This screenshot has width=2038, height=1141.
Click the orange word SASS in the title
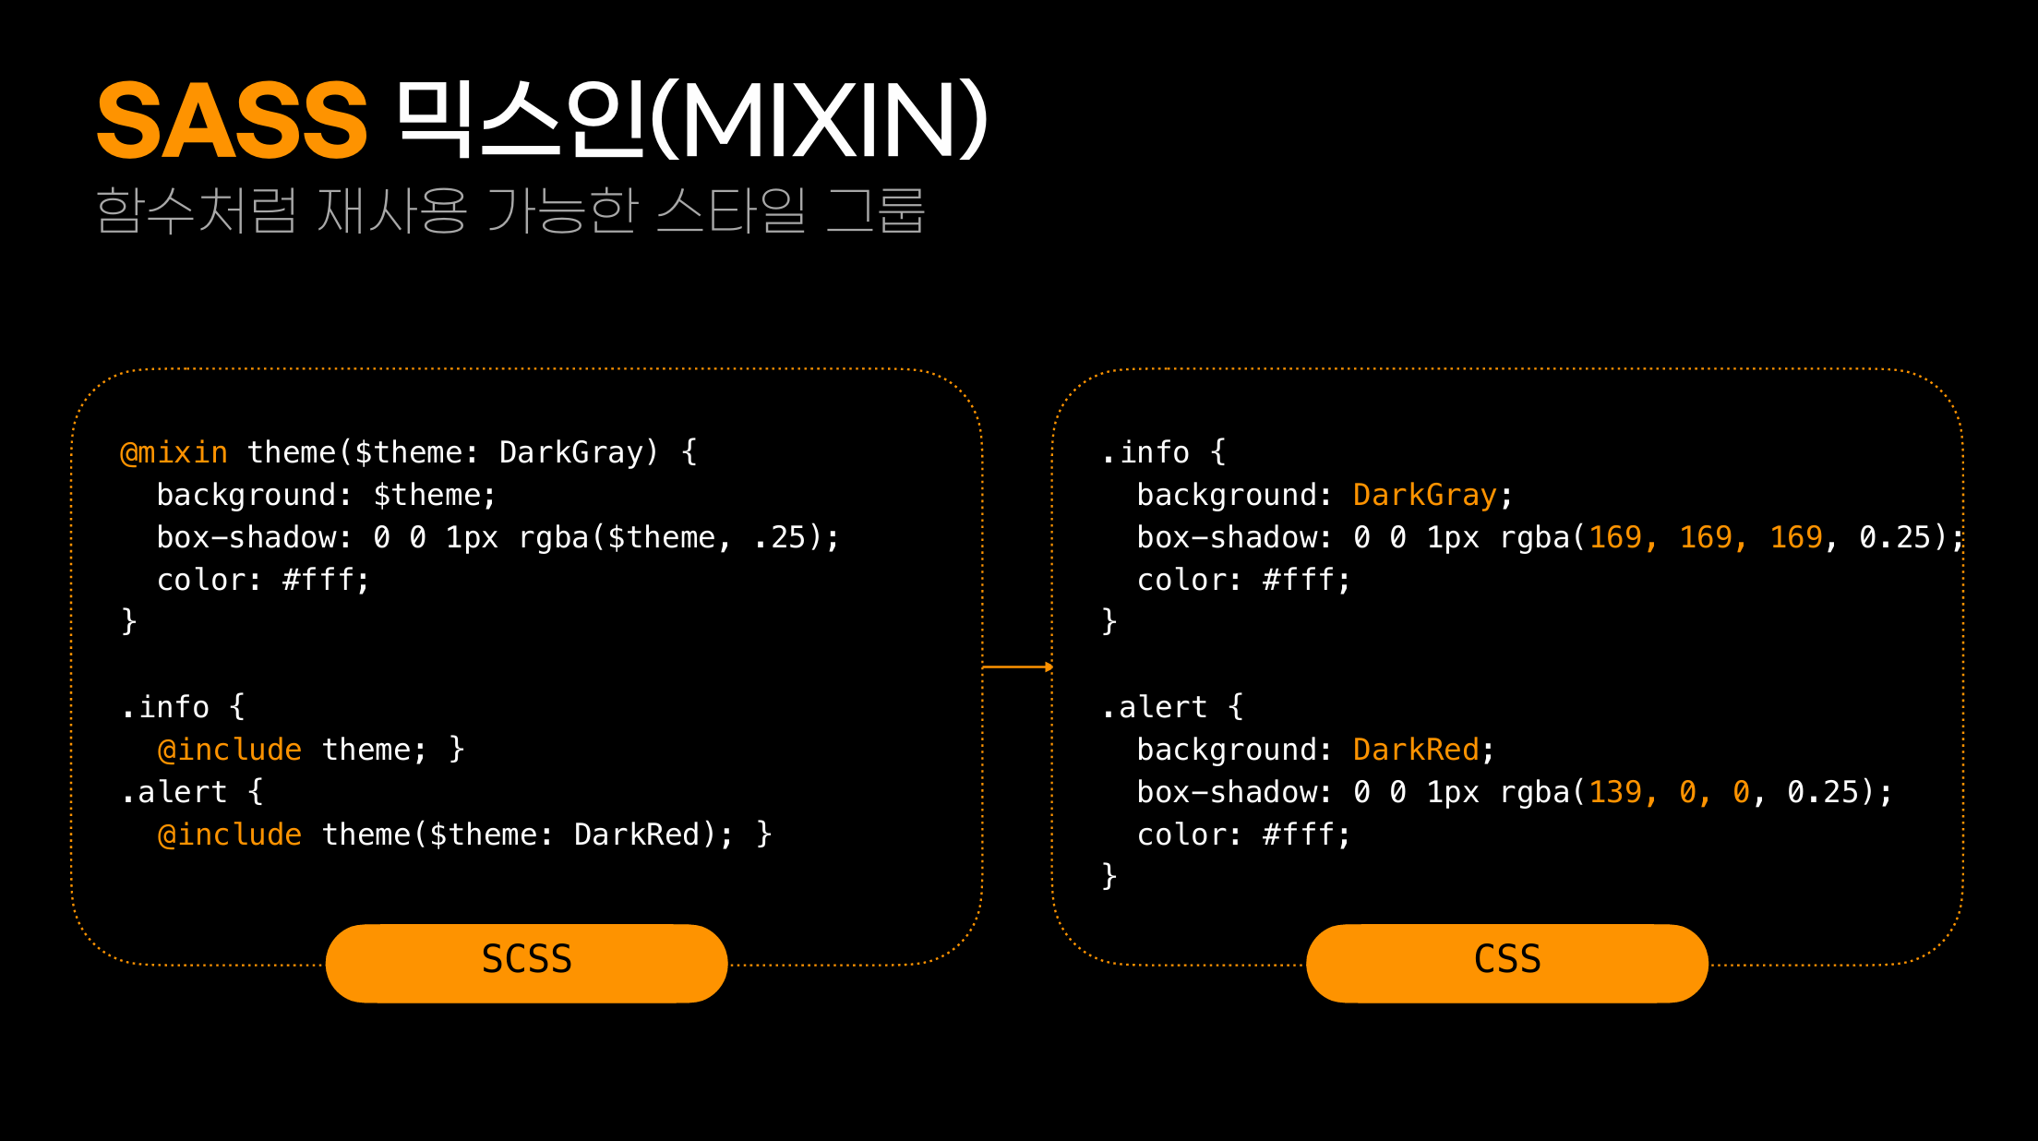232,121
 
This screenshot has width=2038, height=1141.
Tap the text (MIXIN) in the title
820,121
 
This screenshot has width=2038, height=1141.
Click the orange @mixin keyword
174,452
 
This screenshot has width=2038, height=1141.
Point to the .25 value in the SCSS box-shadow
780,537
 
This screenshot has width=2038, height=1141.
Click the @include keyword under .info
229,750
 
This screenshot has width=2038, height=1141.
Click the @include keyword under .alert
229,835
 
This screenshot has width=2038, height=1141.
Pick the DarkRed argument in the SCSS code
636,835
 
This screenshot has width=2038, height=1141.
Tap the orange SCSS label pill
526,961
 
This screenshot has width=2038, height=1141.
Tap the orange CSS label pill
1506,961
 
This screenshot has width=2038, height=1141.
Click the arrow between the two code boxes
1017,667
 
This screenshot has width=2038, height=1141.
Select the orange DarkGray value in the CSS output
1424,496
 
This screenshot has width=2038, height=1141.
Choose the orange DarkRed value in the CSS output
1416,750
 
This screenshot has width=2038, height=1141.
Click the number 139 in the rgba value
1615,792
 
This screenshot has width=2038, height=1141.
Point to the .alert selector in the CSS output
1154,707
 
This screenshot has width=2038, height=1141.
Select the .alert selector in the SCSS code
174,792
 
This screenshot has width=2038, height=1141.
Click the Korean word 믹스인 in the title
521,121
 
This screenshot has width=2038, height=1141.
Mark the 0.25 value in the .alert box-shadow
1822,792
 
